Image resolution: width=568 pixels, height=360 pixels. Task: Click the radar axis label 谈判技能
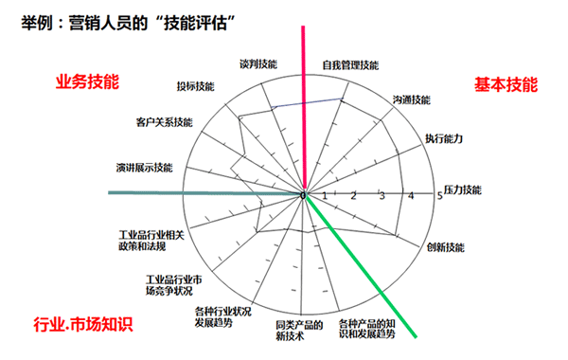258,63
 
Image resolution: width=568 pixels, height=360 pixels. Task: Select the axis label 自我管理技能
349,65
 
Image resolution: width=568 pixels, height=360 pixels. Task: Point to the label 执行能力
444,139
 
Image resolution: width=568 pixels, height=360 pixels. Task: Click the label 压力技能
464,190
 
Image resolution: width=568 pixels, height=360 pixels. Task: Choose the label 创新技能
445,247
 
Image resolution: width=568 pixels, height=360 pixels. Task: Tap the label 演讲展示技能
144,168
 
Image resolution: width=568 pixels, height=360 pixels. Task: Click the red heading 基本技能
506,83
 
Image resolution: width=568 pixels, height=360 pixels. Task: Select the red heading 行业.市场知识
83,323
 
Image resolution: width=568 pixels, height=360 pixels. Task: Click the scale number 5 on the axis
439,196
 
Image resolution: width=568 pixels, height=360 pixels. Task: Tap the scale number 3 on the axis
382,196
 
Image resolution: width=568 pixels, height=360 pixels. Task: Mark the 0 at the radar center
304,195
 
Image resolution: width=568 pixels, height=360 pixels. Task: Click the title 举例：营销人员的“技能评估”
142,20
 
